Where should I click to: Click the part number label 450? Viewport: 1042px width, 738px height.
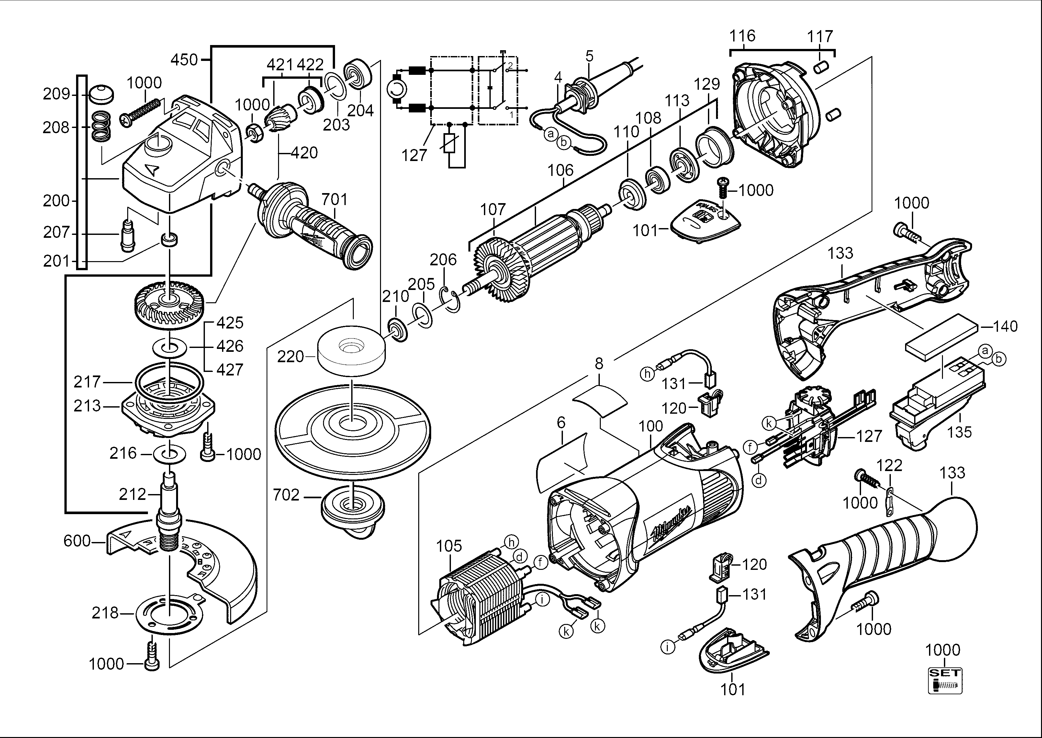coord(184,60)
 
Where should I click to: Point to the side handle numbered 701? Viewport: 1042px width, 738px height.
coord(313,227)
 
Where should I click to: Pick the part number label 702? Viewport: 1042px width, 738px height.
coord(286,495)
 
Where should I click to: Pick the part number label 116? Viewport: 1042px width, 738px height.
coord(742,36)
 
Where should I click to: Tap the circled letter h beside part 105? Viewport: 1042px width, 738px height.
coord(511,542)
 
